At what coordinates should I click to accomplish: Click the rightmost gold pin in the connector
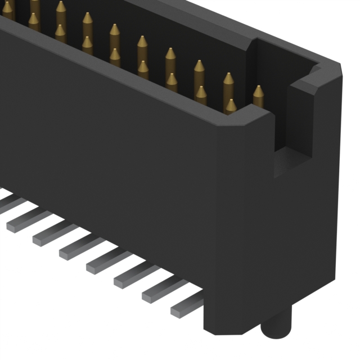click(x=258, y=96)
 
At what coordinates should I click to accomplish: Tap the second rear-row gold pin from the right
click(x=228, y=84)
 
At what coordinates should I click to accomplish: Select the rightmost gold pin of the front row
click(x=231, y=106)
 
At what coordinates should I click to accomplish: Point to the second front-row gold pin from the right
click(x=201, y=94)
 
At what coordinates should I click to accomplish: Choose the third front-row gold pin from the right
click(x=172, y=83)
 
